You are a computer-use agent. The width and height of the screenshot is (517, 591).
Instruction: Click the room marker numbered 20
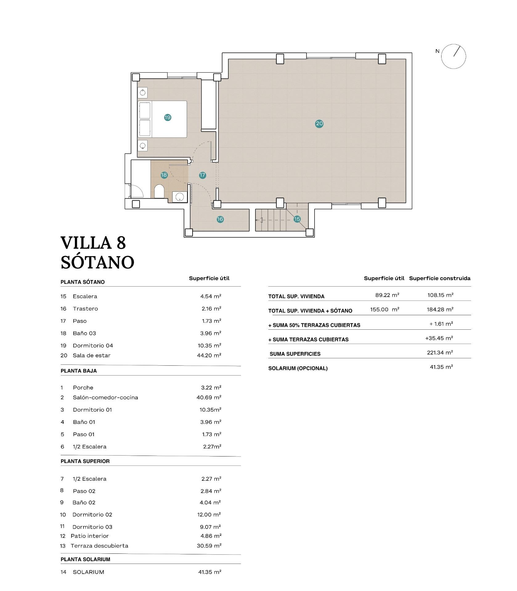pos(319,124)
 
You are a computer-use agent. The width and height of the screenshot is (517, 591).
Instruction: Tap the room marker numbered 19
pos(168,117)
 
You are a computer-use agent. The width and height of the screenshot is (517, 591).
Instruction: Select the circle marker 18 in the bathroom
pos(164,175)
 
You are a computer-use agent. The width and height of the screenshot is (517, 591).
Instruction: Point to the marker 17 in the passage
pos(202,175)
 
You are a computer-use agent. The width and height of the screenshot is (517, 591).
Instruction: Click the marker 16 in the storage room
pos(220,219)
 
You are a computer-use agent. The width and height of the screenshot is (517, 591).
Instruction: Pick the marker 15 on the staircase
pos(297,219)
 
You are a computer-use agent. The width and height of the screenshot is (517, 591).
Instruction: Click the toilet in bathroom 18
pos(159,192)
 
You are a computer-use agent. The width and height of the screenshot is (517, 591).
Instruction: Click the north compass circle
pos(453,56)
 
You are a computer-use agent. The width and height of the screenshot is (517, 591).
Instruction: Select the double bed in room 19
pos(162,119)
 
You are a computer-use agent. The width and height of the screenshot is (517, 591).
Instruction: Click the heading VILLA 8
pos(93,243)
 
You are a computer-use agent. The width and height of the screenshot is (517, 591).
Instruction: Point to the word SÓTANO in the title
pos(97,262)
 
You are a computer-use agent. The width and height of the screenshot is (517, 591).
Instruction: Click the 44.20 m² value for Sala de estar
pos(209,355)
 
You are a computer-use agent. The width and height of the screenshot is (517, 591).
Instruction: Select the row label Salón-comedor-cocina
pos(105,397)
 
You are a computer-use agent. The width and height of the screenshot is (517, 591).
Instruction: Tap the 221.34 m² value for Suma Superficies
pos(440,352)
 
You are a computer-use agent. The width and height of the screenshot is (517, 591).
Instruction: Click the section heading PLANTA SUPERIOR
pos(85,461)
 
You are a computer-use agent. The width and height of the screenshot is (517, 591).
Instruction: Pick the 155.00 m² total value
pos(385,309)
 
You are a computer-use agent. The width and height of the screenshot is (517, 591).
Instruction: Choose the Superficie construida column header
pos(440,278)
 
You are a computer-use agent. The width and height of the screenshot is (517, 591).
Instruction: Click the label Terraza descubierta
pos(100,546)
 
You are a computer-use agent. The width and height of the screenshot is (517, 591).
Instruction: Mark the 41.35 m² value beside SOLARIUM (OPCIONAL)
pos(441,367)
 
